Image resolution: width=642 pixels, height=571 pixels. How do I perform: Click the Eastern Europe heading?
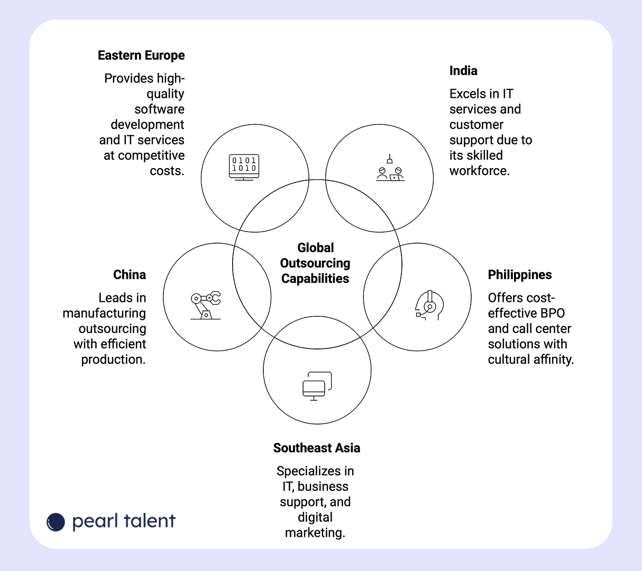pos(141,56)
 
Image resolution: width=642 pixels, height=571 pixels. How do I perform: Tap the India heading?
pos(463,71)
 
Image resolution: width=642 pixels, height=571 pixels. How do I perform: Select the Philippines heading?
pos(520,275)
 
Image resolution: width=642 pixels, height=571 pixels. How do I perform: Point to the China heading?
pos(130,275)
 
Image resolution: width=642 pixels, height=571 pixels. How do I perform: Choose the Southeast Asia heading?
pos(317,448)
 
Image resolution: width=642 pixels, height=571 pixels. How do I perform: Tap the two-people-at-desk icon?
pos(390,169)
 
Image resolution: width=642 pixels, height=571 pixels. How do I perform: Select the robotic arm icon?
pos(205,305)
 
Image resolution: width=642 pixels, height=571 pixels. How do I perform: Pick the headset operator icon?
pos(429,305)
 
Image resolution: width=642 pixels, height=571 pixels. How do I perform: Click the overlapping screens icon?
pos(317,386)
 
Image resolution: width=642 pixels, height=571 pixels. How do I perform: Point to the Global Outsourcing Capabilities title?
pos(316,263)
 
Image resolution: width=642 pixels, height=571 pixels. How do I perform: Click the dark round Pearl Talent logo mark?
pos(56,522)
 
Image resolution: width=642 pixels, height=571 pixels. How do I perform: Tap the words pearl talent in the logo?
pos(124,521)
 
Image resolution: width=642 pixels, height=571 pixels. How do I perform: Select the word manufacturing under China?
pos(104,313)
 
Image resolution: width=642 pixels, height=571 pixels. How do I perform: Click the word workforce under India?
pos(479,171)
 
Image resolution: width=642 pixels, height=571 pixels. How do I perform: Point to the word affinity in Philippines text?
pos(553,360)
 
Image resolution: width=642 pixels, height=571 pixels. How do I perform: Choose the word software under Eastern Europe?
pos(159,109)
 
